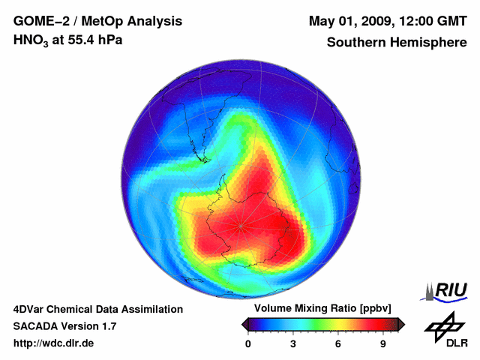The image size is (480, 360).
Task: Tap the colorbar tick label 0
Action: coord(248,344)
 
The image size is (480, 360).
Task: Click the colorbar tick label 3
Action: coord(293,344)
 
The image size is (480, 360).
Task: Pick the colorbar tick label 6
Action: coord(338,344)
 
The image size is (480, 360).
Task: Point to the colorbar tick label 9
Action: coord(382,344)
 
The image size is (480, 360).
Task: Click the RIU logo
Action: coord(445,291)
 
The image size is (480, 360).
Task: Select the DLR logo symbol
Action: coord(443,326)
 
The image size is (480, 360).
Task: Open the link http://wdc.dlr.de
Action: coord(53,343)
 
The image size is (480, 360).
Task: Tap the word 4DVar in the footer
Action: coord(29,309)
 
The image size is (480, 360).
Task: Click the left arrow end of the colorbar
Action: coord(244,324)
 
